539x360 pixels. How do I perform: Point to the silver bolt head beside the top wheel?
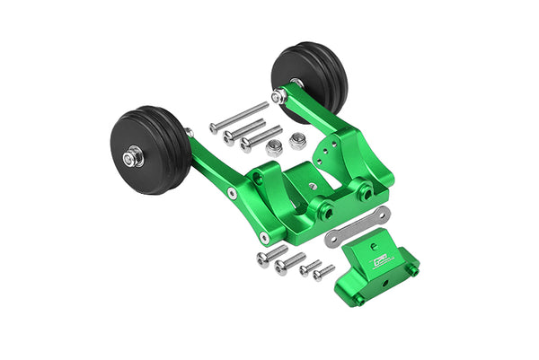click(279, 96)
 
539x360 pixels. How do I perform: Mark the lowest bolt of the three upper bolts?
click(261, 139)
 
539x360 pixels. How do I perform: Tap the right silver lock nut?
click(297, 141)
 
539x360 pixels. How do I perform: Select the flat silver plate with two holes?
click(357, 224)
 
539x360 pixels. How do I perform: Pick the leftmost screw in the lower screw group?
click(271, 255)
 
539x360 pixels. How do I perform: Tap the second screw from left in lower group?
click(289, 263)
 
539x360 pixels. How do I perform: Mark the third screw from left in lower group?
click(309, 267)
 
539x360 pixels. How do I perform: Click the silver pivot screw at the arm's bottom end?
click(264, 238)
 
